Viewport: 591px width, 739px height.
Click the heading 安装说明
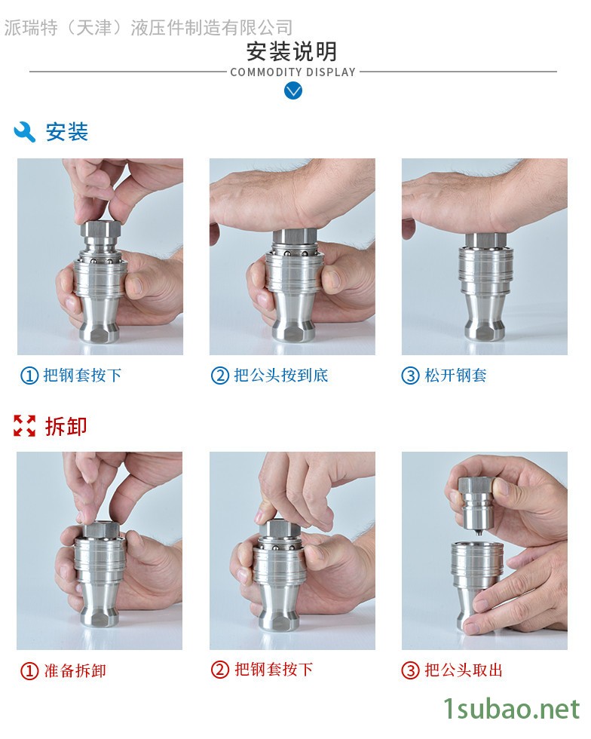pos(292,52)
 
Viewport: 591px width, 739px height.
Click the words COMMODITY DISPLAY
pos(292,72)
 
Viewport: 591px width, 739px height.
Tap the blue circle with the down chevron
pos(293,90)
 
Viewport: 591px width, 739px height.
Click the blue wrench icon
pos(25,132)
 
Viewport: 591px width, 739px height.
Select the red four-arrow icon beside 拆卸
pos(25,426)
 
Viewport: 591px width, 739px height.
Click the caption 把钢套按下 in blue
pos(82,376)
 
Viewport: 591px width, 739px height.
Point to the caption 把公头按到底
pos(281,376)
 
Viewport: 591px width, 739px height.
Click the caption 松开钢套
pos(455,376)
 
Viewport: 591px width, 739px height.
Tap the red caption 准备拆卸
pos(75,670)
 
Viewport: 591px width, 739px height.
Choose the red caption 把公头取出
pos(464,670)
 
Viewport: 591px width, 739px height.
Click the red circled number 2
pos(220,670)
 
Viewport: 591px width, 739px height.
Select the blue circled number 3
pos(410,376)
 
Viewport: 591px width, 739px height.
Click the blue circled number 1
pos(29,376)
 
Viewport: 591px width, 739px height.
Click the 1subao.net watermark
pos(512,710)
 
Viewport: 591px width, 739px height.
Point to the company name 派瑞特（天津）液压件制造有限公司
pos(149,28)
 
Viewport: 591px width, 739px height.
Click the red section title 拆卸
pos(66,426)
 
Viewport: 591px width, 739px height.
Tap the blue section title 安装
pos(67,132)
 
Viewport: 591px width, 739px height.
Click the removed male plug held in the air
pos(478,505)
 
